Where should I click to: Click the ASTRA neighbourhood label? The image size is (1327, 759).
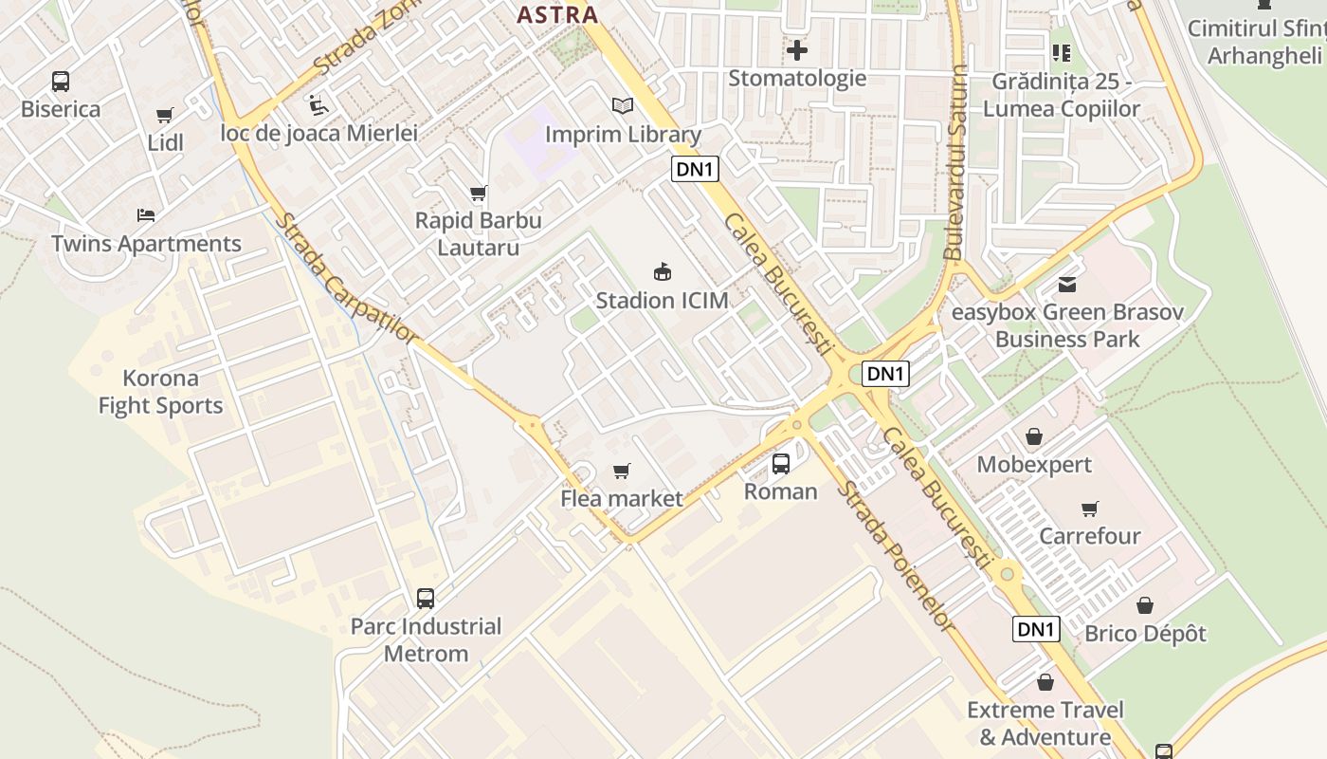point(557,14)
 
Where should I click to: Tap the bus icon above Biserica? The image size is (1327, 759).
point(61,82)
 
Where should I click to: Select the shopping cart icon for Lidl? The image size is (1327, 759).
point(165,116)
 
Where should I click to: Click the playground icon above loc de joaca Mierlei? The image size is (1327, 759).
point(318,104)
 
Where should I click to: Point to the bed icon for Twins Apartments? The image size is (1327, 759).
point(146,215)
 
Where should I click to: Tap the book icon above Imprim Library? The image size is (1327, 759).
point(622,106)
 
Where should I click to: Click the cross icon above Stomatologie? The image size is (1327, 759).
point(797,49)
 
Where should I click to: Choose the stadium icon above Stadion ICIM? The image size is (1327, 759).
point(663,272)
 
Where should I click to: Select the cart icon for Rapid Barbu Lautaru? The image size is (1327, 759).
point(479,194)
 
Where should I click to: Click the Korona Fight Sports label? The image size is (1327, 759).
point(160,392)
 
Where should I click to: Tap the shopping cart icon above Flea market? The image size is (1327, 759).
point(622,471)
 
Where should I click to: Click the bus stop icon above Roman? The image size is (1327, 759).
point(781,464)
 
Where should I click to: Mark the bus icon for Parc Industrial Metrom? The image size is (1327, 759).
point(426,599)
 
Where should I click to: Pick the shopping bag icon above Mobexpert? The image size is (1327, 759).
point(1034,437)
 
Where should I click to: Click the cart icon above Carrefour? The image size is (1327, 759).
point(1090,509)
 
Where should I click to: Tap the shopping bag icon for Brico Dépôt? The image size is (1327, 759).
point(1145,605)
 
